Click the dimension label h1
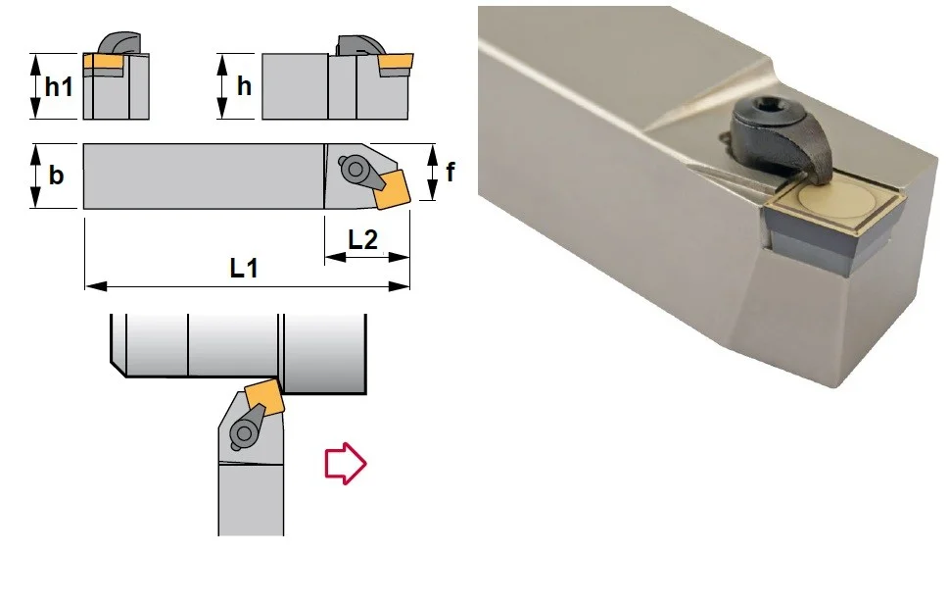click(x=59, y=86)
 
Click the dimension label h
click(x=244, y=86)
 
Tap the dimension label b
click(x=56, y=175)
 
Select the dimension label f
click(x=451, y=173)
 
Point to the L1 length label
click(x=244, y=268)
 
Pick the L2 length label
click(x=363, y=240)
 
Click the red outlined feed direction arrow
click(x=346, y=464)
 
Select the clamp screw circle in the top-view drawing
click(x=355, y=169)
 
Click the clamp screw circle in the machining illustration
click(x=244, y=432)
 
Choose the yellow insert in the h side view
click(x=396, y=61)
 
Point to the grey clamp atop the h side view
click(x=359, y=46)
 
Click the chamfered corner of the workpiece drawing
click(x=119, y=370)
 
